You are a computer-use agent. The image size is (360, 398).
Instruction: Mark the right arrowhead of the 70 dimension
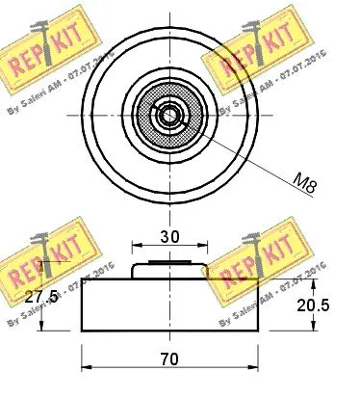pos(257,366)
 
